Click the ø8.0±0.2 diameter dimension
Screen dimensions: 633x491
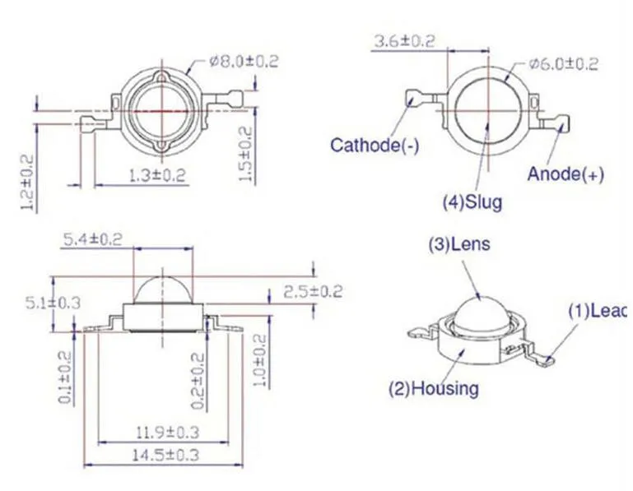[244, 62]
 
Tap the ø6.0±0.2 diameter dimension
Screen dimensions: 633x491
[564, 64]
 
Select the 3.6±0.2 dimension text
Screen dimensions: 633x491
[405, 41]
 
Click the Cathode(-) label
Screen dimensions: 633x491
[375, 145]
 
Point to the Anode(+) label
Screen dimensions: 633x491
[566, 174]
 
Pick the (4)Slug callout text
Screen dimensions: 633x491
[472, 201]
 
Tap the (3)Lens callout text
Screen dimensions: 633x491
[459, 244]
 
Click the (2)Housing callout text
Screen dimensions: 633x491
[434, 388]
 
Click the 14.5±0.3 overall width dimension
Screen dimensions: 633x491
[166, 456]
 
